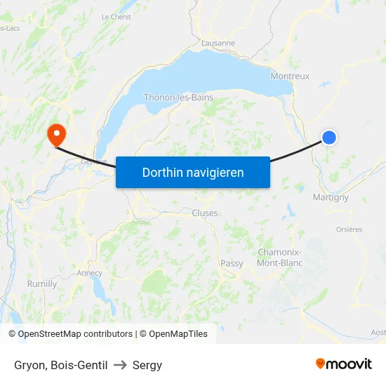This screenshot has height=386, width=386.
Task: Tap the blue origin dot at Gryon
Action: pos(328,138)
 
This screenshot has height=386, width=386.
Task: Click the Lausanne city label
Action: pos(218,43)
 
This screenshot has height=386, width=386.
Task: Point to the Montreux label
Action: pos(290,76)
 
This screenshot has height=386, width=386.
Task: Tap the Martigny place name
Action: pos(331,197)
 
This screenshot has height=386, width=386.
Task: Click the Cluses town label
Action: pos(205,213)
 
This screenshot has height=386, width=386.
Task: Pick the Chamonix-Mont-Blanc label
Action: pos(280,258)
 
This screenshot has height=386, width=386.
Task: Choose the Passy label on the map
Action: pos(232,264)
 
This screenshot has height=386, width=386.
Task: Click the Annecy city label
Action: pos(89,273)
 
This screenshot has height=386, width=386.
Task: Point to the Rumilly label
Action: pos(42,284)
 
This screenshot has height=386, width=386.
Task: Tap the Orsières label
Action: pos(349,229)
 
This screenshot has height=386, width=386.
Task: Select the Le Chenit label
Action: pos(116,17)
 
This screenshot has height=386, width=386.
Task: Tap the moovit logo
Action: pos(344,364)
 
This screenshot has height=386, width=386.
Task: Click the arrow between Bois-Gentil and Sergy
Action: pos(120,365)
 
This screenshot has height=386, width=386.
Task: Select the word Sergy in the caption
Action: pos(147,365)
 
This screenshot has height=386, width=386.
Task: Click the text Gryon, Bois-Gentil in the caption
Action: pos(61,365)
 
